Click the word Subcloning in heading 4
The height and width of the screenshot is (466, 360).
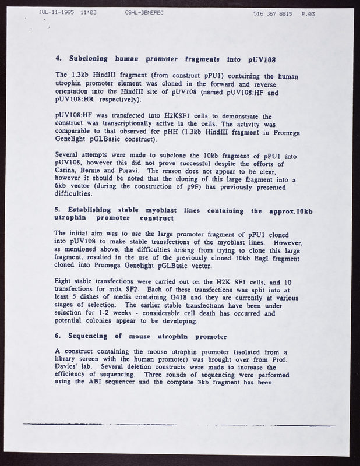87,59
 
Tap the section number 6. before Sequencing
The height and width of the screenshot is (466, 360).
57,337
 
